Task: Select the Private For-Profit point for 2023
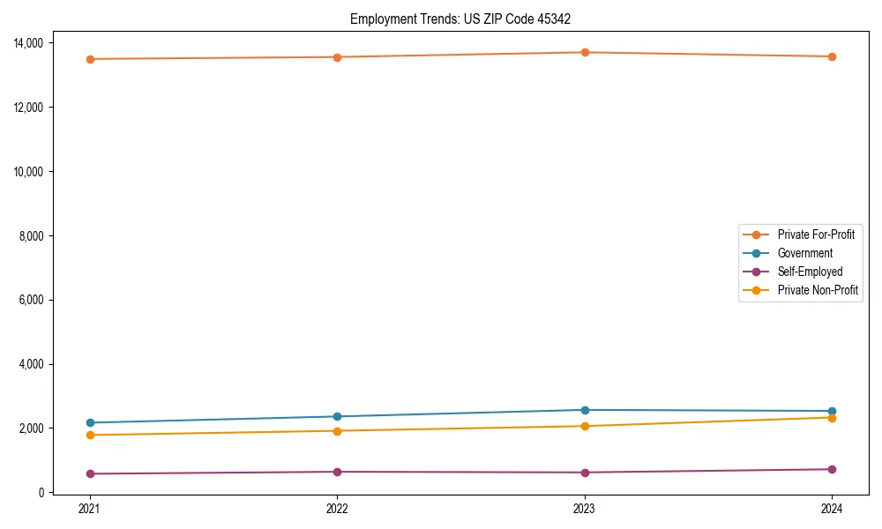tap(584, 52)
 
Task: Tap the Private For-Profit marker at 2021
tap(89, 59)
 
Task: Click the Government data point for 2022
tap(337, 416)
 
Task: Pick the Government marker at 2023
tap(584, 410)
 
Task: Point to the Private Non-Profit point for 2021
tap(89, 435)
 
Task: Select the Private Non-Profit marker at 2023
tap(584, 426)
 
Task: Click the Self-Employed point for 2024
tap(832, 469)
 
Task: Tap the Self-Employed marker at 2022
tap(337, 472)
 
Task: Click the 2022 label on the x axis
tap(337, 509)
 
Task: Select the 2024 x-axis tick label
tap(832, 509)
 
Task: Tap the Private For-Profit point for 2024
tap(832, 56)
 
